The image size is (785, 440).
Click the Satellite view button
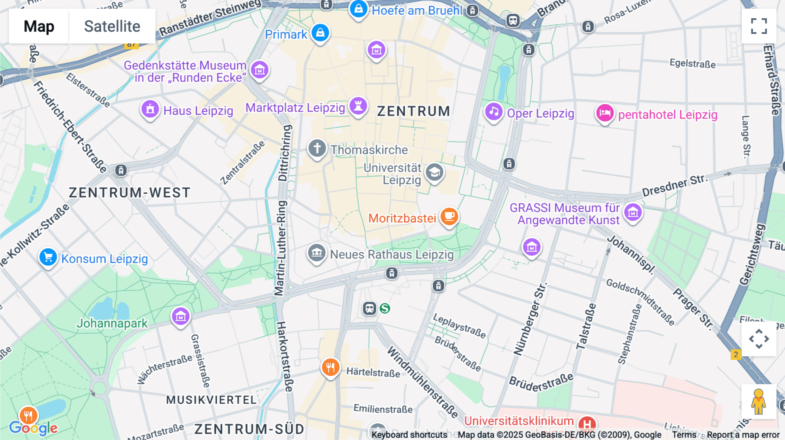[x=112, y=26]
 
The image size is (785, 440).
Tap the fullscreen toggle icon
[x=759, y=26]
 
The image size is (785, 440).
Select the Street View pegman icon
[x=758, y=401]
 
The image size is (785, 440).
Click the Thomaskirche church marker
[x=317, y=149]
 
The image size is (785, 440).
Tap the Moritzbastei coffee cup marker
[x=449, y=216]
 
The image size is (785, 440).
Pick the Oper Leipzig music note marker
[x=494, y=112]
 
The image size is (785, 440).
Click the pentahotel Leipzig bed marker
[x=605, y=113]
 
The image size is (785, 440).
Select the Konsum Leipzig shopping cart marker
[x=48, y=257]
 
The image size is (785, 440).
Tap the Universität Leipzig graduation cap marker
[x=434, y=173]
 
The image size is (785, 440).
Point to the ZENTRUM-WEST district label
[x=130, y=193]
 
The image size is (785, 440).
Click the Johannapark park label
[x=112, y=323]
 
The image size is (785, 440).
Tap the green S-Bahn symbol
[x=385, y=308]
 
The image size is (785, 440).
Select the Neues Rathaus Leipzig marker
[x=317, y=253]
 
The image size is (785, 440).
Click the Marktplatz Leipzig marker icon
[x=358, y=106]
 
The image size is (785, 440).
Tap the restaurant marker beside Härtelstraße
[x=331, y=368]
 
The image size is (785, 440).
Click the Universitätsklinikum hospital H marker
[x=587, y=423]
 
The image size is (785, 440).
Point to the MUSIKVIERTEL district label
[x=211, y=400]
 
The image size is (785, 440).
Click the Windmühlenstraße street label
[x=422, y=382]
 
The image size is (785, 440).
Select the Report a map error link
[x=743, y=435]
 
